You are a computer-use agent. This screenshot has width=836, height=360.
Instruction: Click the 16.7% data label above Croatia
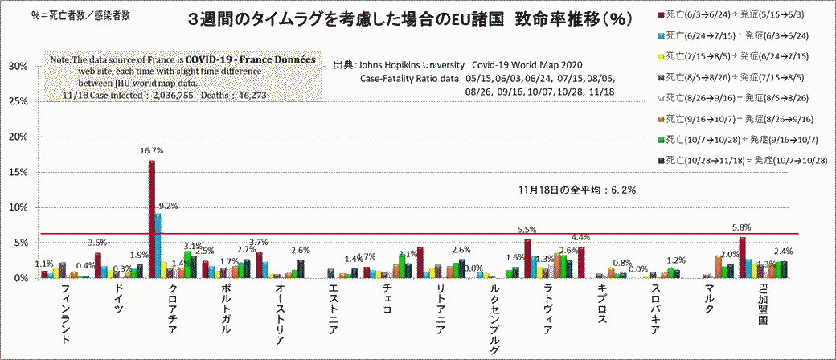152,150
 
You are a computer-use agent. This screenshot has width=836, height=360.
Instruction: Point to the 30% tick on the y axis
18,66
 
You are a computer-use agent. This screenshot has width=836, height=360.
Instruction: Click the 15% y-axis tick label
18,172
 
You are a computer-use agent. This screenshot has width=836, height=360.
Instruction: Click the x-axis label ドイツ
120,299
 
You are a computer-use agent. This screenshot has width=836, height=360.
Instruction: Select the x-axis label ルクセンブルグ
493,322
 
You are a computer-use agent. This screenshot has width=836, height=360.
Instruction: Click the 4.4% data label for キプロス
580,237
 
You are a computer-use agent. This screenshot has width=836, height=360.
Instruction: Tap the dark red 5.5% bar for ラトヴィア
527,258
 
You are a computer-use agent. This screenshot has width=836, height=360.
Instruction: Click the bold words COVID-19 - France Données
251,60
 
